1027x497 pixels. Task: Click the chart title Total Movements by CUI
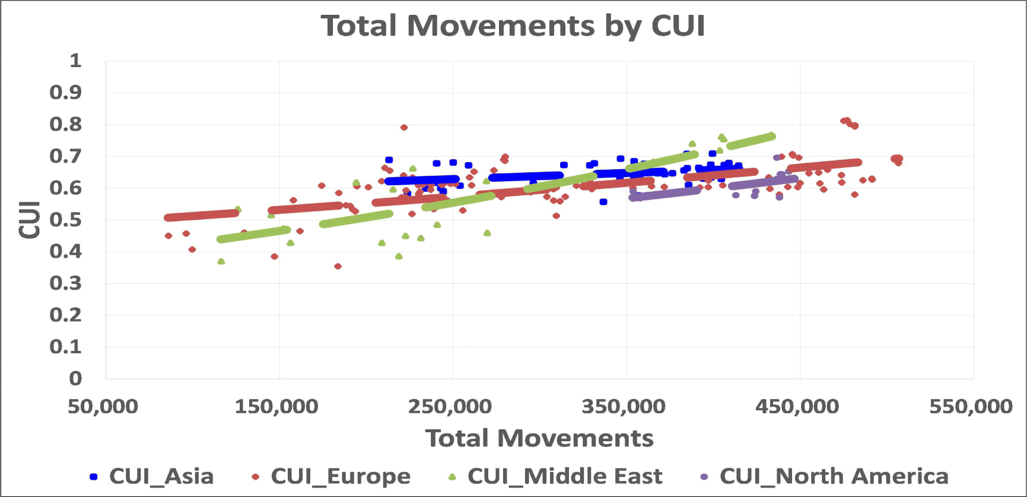[513, 26]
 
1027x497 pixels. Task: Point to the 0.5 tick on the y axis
[66, 220]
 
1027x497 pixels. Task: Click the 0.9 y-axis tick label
[66, 93]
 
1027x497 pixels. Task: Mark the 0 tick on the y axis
[75, 378]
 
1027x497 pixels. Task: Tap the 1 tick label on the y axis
[75, 61]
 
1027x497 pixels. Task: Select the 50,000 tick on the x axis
[103, 407]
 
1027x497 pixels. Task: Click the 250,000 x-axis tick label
[450, 407]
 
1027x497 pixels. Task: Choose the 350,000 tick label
[624, 407]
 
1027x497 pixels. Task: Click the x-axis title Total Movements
[539, 438]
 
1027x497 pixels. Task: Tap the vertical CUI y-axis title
[30, 220]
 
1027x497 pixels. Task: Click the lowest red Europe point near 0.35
[338, 266]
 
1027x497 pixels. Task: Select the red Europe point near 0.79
[404, 128]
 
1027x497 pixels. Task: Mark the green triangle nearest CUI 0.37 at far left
[221, 261]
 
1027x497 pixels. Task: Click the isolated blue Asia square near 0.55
[603, 202]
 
